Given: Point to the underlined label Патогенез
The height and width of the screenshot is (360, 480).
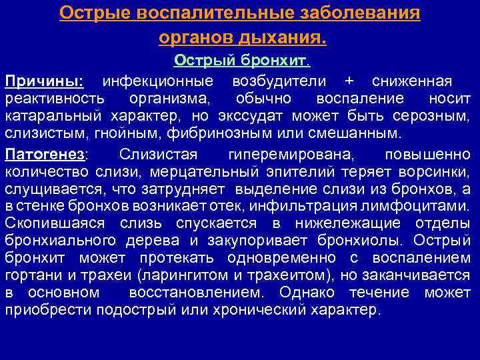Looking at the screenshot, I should pyautogui.click(x=46, y=155).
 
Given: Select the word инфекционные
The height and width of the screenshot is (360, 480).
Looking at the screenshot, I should pyautogui.click(x=157, y=81).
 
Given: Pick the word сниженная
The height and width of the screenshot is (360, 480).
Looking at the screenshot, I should pyautogui.click(x=411, y=81).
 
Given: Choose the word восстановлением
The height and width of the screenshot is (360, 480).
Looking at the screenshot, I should pyautogui.click(x=199, y=293).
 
